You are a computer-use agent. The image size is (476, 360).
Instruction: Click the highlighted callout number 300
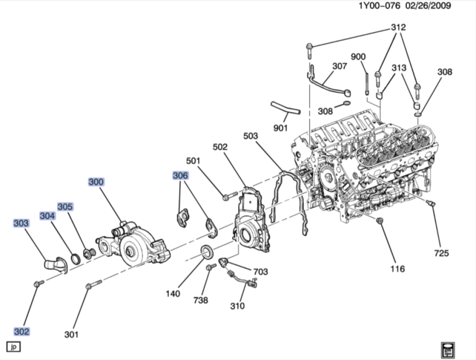(96, 182)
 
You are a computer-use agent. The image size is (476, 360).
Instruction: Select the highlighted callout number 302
(21, 331)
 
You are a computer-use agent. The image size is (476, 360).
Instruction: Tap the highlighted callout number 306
(180, 176)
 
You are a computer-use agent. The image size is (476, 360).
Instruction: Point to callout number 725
(441, 253)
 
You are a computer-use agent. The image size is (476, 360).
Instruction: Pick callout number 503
(250, 136)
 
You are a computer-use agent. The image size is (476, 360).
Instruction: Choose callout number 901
(281, 128)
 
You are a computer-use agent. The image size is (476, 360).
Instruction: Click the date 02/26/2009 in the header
(427, 6)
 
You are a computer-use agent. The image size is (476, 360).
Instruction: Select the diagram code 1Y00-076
(379, 6)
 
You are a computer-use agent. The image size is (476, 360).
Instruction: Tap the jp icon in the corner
(13, 347)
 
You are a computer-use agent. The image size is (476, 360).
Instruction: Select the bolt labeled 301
(93, 286)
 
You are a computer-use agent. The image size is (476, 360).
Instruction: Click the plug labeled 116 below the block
(380, 221)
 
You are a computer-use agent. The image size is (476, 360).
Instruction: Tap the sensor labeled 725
(432, 204)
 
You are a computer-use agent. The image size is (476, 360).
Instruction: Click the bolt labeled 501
(229, 195)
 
